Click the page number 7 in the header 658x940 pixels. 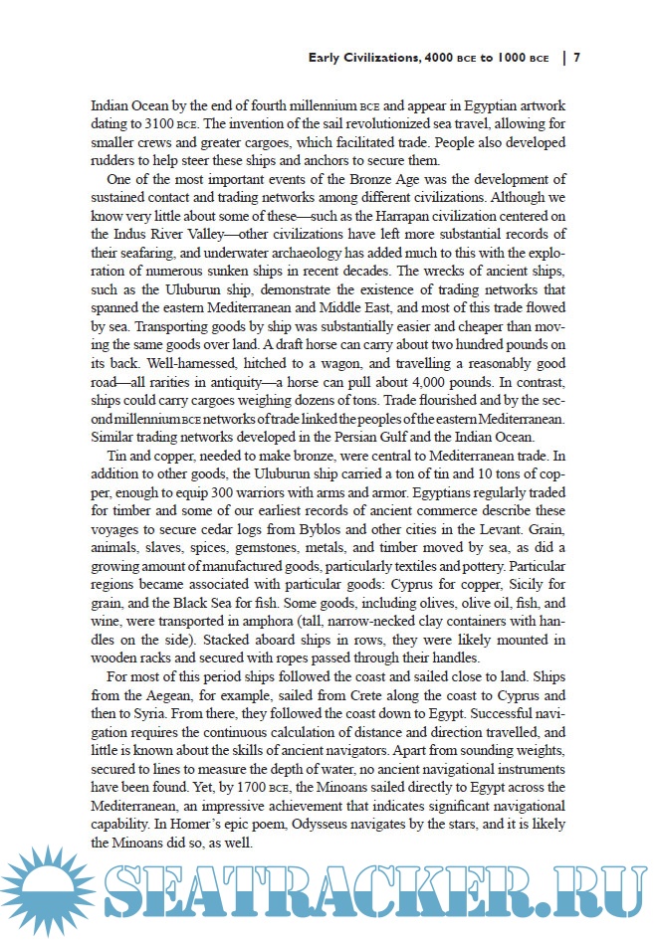(577, 58)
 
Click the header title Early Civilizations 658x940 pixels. (365, 58)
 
